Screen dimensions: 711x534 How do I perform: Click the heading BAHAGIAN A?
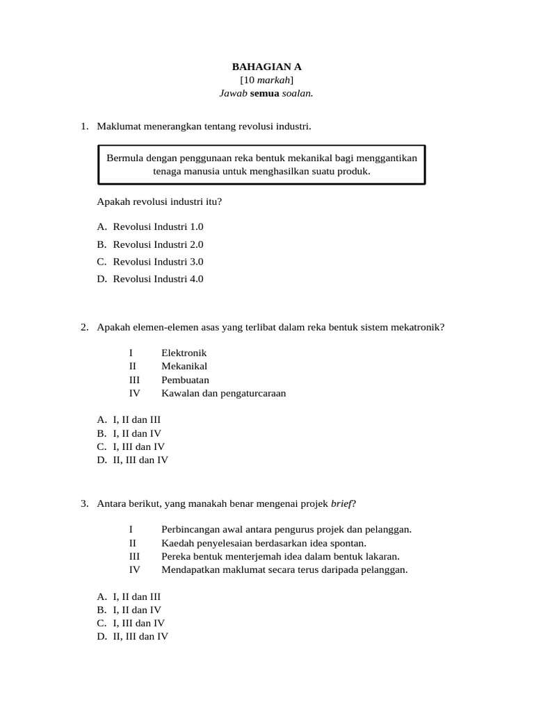click(x=267, y=67)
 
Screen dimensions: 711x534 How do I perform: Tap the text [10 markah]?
click(x=267, y=81)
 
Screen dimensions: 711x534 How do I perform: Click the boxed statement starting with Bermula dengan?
click(x=261, y=165)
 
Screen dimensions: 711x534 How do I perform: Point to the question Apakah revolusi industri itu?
click(x=159, y=201)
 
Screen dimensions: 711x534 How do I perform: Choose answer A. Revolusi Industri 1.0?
click(x=151, y=226)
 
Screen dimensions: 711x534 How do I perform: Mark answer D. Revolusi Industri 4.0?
click(x=151, y=279)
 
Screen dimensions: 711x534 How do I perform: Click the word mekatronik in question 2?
click(x=419, y=327)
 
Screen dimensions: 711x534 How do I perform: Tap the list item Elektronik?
click(x=184, y=353)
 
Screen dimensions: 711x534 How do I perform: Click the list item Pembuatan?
click(x=185, y=380)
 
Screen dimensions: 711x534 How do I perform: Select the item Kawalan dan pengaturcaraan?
click(x=223, y=393)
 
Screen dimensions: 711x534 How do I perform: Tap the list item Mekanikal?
click(x=184, y=366)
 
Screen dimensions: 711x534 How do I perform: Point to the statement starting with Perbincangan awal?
click(x=286, y=529)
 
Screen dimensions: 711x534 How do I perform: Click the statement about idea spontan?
click(x=264, y=543)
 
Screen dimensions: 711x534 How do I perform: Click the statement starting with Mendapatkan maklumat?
click(x=284, y=570)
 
